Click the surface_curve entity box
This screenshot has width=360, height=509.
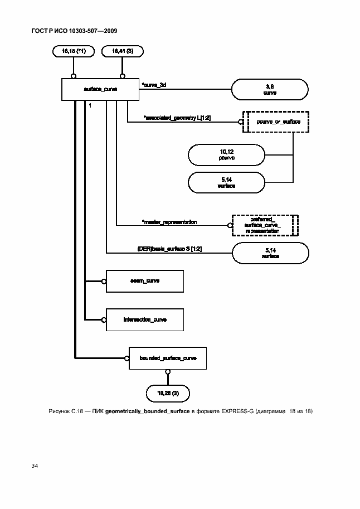[100, 90]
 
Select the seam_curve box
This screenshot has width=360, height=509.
[144, 281]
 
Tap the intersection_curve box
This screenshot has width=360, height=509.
[144, 319]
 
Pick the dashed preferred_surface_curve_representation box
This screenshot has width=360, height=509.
[265, 225]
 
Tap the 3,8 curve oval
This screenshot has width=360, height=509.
[270, 90]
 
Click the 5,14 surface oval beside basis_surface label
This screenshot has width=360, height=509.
[270, 254]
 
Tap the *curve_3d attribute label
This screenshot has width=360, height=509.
[154, 85]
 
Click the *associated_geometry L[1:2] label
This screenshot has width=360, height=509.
[177, 118]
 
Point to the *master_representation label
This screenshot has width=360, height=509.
[169, 222]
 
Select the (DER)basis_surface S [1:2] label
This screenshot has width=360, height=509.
[169, 249]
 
